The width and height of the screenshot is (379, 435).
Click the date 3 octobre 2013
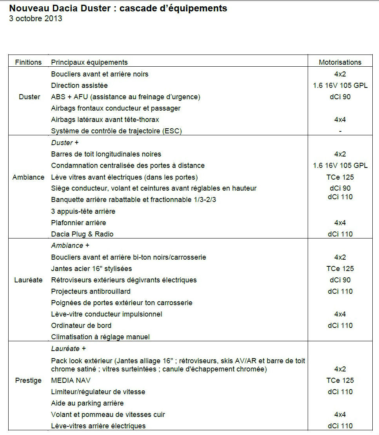click(36, 18)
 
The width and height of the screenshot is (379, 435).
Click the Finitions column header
click(28, 62)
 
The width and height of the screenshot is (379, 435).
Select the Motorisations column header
click(340, 62)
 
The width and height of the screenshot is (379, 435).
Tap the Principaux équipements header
click(89, 62)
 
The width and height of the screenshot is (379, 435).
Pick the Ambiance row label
click(29, 177)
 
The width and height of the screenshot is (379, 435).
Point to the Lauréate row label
click(29, 280)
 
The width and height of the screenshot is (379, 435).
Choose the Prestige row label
click(28, 380)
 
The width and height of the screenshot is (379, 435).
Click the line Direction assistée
click(79, 85)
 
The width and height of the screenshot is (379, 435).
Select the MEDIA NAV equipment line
click(71, 380)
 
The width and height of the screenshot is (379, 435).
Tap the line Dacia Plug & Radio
click(82, 234)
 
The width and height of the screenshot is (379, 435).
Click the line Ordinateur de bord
click(81, 325)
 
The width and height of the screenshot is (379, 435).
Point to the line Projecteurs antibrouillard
click(91, 291)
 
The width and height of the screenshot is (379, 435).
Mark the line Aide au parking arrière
click(87, 403)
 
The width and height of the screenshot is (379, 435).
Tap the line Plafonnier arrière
click(78, 223)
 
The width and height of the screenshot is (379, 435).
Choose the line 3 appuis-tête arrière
click(83, 211)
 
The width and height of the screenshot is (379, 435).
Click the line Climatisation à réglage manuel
click(100, 337)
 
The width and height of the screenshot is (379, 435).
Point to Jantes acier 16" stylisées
click(91, 269)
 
